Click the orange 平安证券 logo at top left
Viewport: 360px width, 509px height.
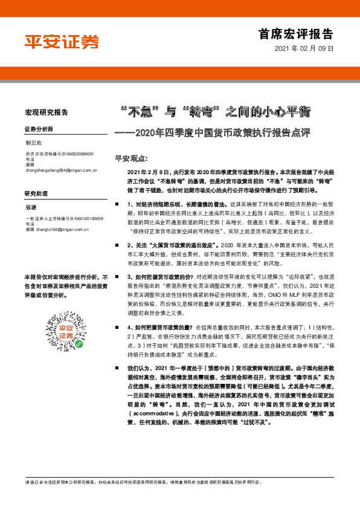[x=61, y=41]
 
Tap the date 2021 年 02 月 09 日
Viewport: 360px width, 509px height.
[x=304, y=48]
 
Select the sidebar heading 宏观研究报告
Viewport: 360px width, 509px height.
[x=46, y=112]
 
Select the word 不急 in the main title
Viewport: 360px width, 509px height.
[x=140, y=111]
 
